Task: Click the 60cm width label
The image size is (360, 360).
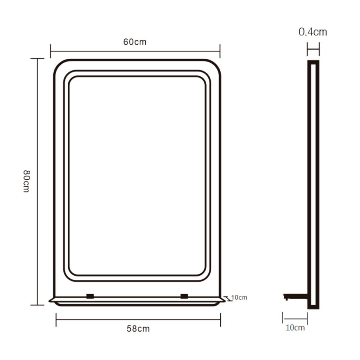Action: pos(135,42)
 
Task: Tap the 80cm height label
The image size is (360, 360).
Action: pos(27,181)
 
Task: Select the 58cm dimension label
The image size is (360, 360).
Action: pos(138,329)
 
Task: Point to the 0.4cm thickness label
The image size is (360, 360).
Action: pos(313,32)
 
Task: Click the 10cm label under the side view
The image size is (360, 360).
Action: pos(295,328)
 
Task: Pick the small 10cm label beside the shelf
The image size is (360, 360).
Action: pos(239,298)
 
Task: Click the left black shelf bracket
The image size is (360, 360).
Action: pos(90,296)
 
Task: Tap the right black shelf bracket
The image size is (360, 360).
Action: pos(184,296)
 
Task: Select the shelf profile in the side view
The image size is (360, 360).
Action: pos(296,297)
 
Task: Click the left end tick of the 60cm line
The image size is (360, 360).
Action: pos(50,51)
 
